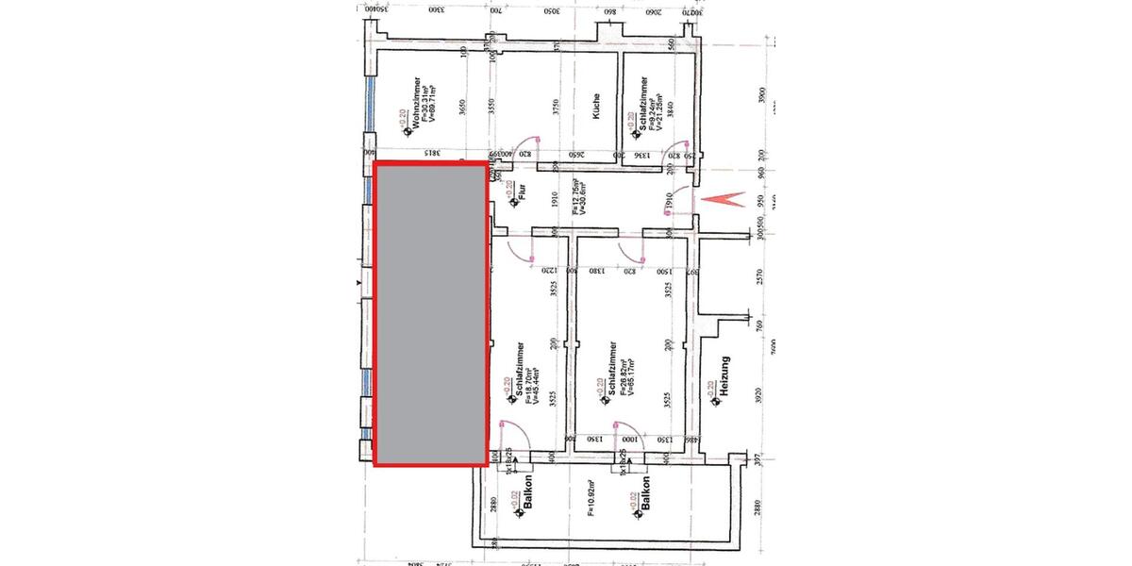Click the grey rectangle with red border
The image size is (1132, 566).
click(x=432, y=313)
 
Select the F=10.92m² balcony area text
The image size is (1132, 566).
click(x=592, y=501)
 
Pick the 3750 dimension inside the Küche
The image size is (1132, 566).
click(x=557, y=107)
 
